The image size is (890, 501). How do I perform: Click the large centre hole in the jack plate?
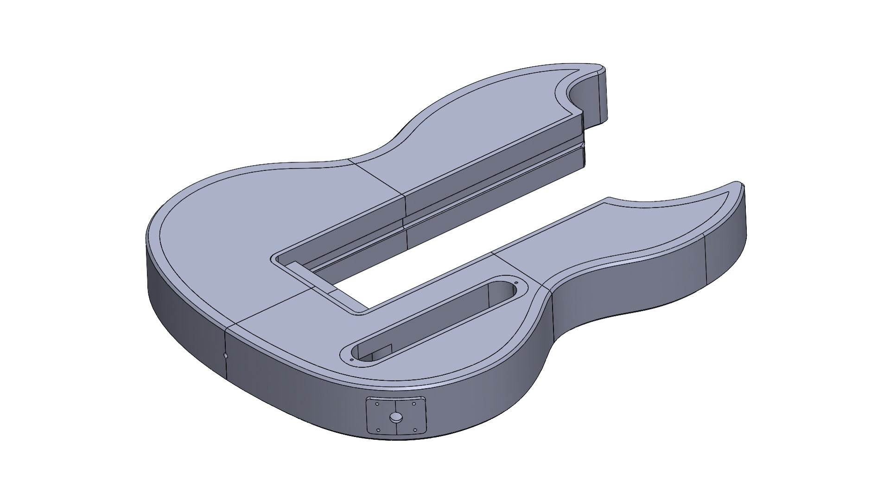396,417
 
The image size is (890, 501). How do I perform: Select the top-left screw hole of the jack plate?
377,404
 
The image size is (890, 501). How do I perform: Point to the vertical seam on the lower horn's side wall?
705,257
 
